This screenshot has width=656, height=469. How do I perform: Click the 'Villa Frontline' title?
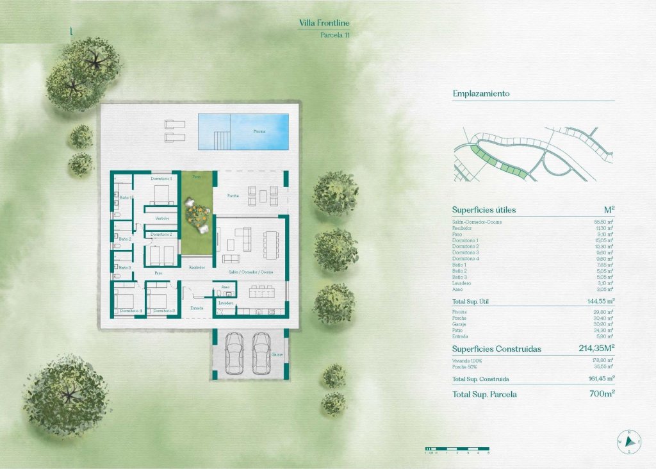coord(325,24)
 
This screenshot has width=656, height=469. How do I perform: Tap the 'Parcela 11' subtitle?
coord(335,35)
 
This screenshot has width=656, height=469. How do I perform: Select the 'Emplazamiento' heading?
coord(480,94)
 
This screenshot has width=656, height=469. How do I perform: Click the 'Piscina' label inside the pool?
coord(259,131)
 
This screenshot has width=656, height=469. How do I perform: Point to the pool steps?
coord(221,138)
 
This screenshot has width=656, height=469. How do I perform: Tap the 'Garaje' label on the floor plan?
coord(277,354)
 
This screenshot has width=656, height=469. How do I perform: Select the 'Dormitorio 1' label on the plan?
coord(161,178)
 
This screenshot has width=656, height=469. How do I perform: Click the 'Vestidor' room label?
coord(162,218)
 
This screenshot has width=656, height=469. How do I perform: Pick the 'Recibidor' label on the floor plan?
coord(197,267)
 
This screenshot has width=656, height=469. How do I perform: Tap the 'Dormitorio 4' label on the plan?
coord(131,311)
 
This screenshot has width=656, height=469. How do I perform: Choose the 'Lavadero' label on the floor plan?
coord(225,302)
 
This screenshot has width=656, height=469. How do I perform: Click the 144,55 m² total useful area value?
coord(597,300)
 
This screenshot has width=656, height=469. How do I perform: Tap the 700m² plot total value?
coord(602,394)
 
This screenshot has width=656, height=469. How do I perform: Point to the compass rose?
coord(630,441)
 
